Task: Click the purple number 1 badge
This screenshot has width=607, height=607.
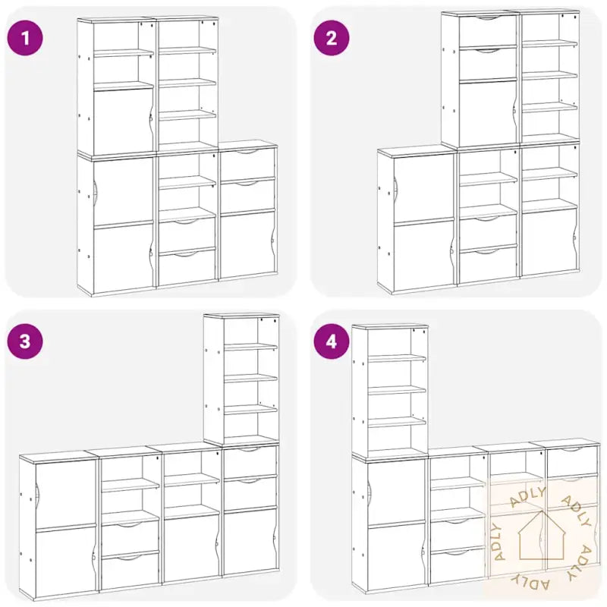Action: (25, 39)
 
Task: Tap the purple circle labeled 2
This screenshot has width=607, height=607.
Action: (332, 39)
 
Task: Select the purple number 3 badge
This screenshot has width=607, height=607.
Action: (25, 341)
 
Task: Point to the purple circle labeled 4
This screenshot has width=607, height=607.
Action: (332, 341)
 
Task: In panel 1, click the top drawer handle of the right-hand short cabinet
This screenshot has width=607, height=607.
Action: (247, 151)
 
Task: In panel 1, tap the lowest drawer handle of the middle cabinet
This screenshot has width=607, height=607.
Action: (187, 254)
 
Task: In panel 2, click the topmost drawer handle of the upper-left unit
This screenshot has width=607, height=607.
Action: (489, 17)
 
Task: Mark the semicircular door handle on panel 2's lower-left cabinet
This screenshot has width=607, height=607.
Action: (395, 189)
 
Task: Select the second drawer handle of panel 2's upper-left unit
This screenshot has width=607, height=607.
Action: (489, 50)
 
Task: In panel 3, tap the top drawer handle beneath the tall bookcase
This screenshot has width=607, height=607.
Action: (250, 449)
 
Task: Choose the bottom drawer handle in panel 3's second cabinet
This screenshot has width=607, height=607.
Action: (130, 558)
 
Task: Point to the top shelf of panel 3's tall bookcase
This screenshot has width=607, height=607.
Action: (251, 347)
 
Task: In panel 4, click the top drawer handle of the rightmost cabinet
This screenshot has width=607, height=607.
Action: (572, 449)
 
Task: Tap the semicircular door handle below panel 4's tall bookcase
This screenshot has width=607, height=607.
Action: (370, 488)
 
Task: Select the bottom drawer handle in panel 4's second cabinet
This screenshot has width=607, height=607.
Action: (458, 552)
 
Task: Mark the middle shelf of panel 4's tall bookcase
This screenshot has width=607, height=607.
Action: (397, 390)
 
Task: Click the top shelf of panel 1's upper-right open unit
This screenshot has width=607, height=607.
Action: (187, 51)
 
